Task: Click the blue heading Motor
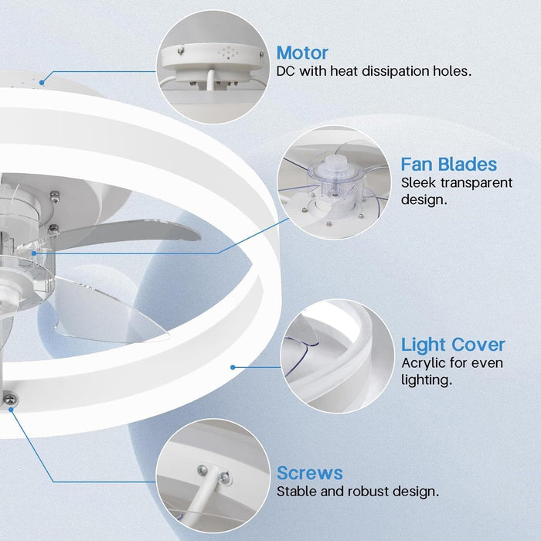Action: click(x=302, y=53)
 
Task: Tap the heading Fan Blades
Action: click(x=448, y=164)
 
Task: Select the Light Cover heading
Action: click(x=453, y=345)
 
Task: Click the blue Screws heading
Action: click(x=309, y=473)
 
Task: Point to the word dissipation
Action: click(x=395, y=71)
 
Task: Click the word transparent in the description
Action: click(x=477, y=183)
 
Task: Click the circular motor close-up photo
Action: click(x=213, y=67)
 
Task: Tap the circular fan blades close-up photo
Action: click(x=334, y=182)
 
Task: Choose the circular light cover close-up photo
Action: click(x=338, y=356)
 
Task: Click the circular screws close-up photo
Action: click(x=213, y=476)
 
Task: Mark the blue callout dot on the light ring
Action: click(x=233, y=367)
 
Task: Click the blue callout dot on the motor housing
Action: click(x=42, y=83)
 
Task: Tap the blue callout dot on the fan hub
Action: click(x=34, y=253)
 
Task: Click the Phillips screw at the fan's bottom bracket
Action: click(x=9, y=400)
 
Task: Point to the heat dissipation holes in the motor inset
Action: click(x=228, y=53)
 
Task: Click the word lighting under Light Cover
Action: click(x=427, y=380)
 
